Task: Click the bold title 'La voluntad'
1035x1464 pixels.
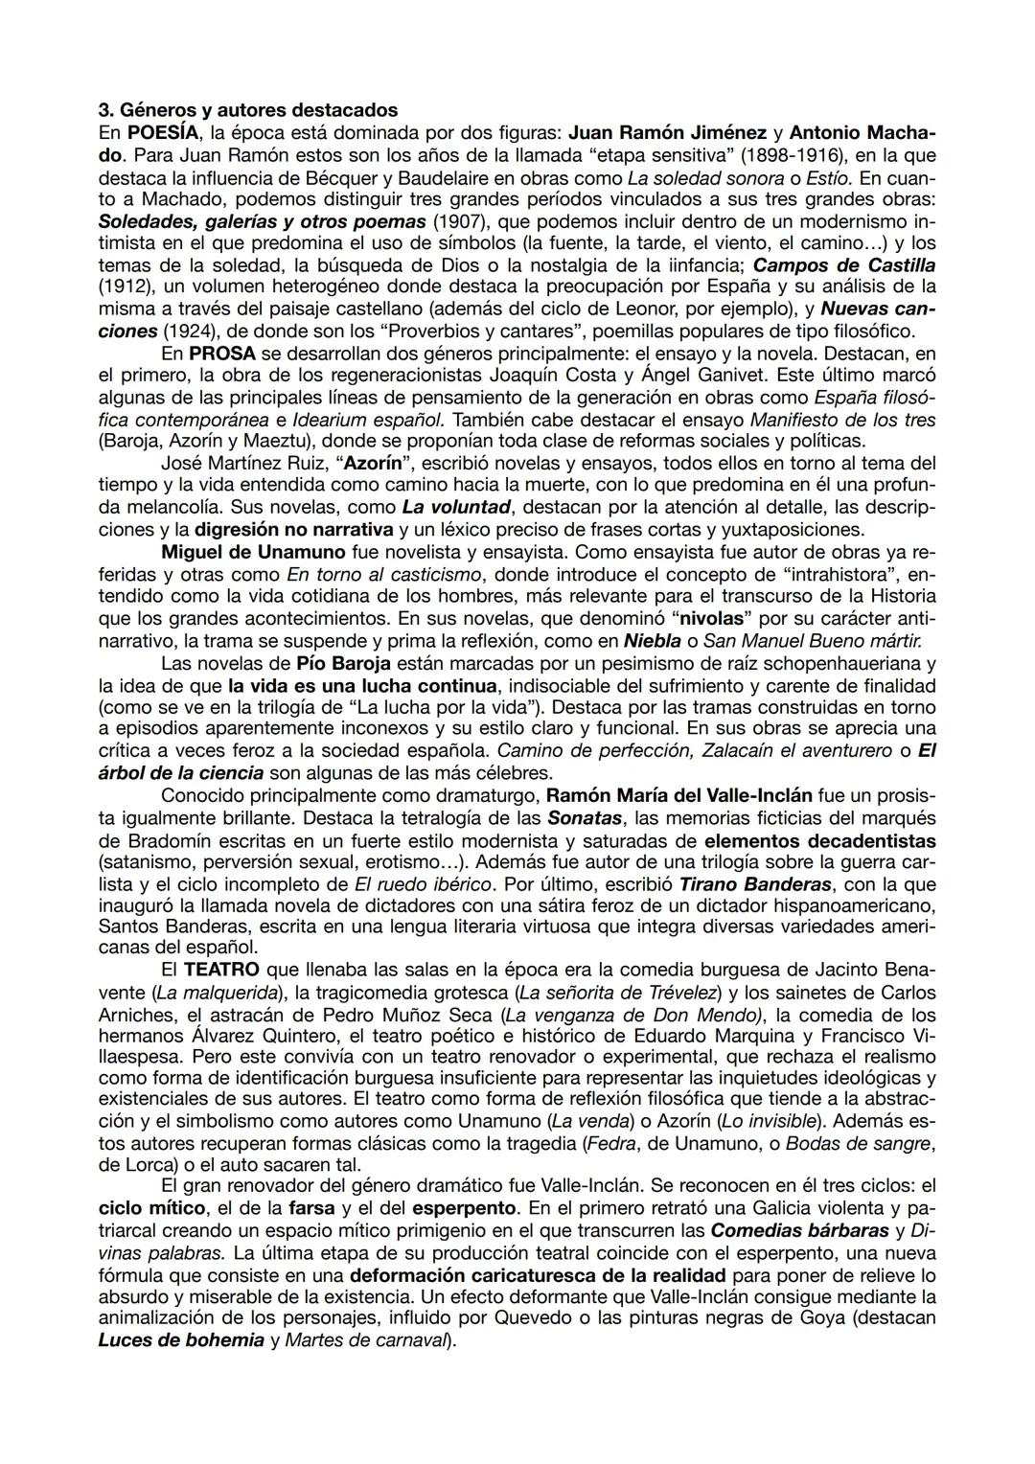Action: (454, 507)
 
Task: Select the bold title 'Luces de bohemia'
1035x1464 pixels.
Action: (181, 1340)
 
